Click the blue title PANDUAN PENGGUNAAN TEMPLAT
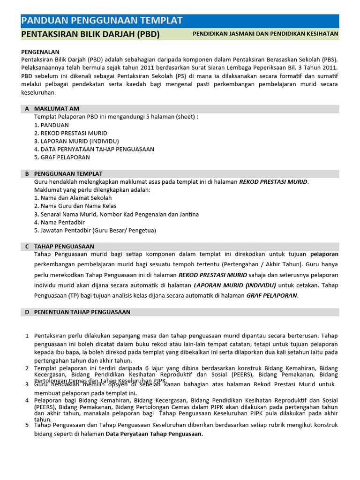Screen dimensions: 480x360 coord(102,20)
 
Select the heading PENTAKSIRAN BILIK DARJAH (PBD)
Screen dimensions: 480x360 coord(90,34)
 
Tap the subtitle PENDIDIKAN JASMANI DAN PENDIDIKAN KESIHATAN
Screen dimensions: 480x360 coord(265,34)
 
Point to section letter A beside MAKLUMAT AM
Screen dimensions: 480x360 coord(27,109)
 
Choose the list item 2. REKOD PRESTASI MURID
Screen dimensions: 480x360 coord(70,133)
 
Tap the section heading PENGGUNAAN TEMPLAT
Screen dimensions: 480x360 coord(68,174)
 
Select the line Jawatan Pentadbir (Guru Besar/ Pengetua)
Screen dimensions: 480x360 coord(95,230)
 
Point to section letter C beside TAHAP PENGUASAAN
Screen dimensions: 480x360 coord(27,246)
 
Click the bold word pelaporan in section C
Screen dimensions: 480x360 coord(324,254)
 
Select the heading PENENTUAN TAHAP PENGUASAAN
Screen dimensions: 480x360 coord(82,312)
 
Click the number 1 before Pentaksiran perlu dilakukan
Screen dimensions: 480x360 coord(27,336)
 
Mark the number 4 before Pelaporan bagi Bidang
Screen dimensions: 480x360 coord(27,400)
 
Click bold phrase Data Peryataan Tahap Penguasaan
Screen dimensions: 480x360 coord(154,434)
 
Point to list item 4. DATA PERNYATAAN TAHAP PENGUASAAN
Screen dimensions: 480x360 coord(94,149)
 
